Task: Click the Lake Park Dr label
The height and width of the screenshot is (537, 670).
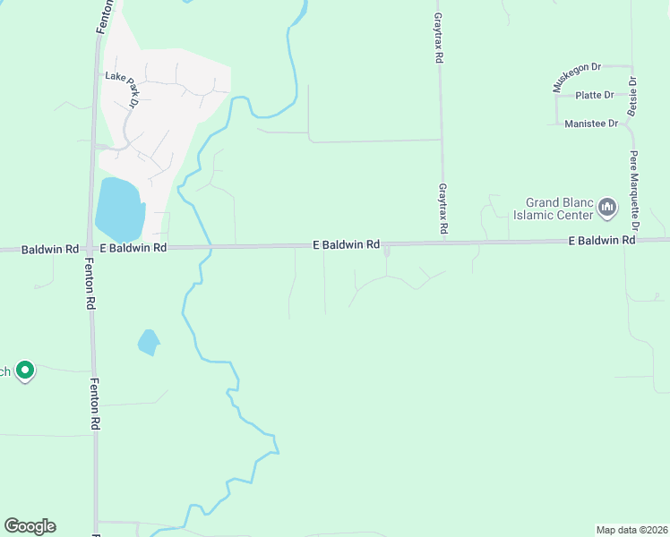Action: click(x=123, y=89)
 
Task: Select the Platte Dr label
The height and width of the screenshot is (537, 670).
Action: click(x=595, y=95)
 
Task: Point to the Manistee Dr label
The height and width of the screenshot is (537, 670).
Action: click(x=592, y=124)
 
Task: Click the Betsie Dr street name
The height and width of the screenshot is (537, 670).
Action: click(x=632, y=92)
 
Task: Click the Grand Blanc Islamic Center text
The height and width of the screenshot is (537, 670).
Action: click(x=553, y=209)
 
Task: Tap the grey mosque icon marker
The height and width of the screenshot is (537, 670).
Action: click(x=608, y=209)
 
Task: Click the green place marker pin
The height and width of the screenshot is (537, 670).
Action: click(x=25, y=370)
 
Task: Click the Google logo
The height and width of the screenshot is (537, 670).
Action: click(x=30, y=526)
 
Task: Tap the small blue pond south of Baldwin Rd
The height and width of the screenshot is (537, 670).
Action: click(x=149, y=341)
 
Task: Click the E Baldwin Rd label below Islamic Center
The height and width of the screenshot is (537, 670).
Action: click(x=602, y=241)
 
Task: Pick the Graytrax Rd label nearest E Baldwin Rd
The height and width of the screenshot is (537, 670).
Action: click(x=442, y=209)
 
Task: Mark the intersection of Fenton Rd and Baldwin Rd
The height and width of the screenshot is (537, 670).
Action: click(x=91, y=248)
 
